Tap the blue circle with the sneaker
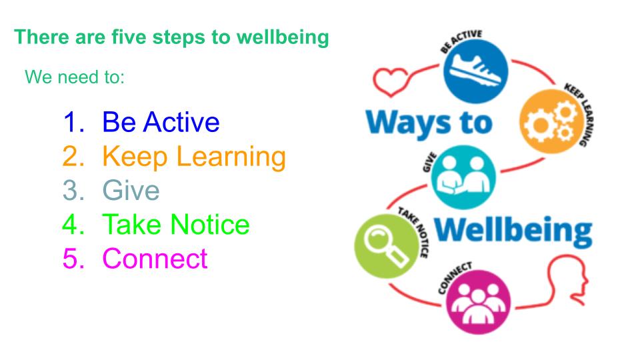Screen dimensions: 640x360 coord(475,71)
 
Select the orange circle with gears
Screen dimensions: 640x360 coord(551,121)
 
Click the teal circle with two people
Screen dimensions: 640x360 coord(463,177)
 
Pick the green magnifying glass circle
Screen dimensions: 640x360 coord(387,246)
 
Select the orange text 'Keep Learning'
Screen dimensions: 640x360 coord(194,157)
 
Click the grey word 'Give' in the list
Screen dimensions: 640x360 coord(131,191)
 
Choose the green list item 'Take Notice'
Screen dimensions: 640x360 coord(176,225)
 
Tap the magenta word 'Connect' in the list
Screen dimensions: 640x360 coord(155,259)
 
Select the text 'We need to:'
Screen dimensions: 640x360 coord(75,77)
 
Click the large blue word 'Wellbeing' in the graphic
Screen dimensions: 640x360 coord(513,231)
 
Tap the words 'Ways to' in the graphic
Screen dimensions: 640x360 coord(429,123)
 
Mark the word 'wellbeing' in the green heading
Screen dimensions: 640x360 coord(283,37)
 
